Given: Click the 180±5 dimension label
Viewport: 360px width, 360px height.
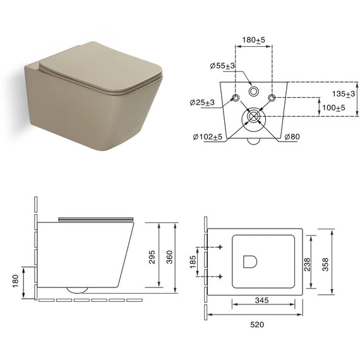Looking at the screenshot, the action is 253,40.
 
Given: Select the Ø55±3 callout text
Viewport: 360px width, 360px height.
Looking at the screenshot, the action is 222,66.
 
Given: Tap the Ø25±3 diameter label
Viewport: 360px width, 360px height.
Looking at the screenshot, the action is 202,102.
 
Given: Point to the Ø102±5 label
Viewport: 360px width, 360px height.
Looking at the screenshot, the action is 208,137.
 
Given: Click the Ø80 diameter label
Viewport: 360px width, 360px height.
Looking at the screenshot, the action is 292,137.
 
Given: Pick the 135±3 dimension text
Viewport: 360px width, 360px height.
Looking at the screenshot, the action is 344,93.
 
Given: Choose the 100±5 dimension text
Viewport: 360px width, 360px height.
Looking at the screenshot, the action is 333,107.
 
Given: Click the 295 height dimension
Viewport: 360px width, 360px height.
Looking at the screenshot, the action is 152,257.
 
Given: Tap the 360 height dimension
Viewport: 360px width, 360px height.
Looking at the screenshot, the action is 169,257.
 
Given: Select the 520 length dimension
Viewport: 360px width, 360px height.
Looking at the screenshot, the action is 257,325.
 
